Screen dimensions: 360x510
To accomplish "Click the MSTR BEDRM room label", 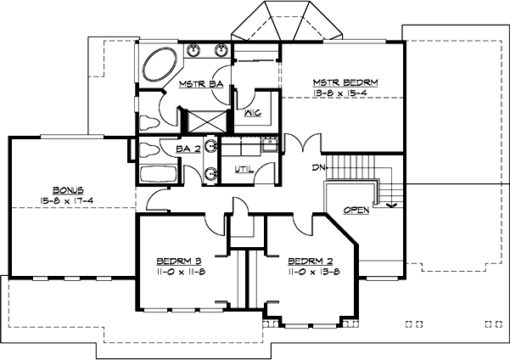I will [x=345, y=82].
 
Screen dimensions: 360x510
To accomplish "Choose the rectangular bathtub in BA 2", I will [x=158, y=177].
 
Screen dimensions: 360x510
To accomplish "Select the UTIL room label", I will [x=244, y=169].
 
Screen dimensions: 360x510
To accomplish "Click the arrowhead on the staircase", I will [x=390, y=204].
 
